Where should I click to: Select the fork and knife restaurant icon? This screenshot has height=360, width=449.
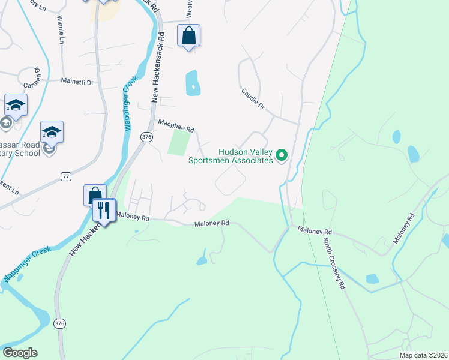click(x=103, y=210)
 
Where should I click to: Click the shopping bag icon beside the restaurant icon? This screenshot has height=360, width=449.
click(x=94, y=195)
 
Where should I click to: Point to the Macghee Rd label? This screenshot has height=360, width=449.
click(x=176, y=125)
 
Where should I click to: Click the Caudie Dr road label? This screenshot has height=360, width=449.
click(x=253, y=99)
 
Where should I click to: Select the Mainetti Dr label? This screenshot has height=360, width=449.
click(x=78, y=82)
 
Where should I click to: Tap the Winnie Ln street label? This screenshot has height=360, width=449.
click(x=61, y=30)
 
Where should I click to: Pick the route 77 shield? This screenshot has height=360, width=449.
click(x=66, y=176)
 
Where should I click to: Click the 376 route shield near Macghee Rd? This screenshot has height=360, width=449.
click(x=146, y=137)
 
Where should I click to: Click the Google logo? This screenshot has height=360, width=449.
click(x=20, y=353)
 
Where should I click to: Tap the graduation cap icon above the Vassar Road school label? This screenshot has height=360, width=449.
click(x=52, y=131)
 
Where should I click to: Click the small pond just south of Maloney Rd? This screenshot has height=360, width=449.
click(x=202, y=260)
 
